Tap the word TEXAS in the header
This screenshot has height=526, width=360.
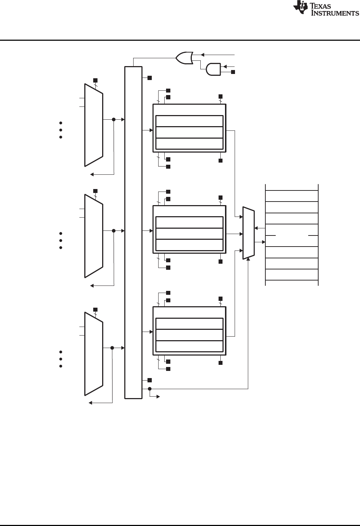[325, 6]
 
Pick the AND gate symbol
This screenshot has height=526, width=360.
[213, 69]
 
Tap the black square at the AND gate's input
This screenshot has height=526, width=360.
[233, 72]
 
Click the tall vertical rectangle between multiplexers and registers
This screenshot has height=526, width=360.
[133, 232]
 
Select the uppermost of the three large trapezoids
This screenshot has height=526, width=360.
[94, 125]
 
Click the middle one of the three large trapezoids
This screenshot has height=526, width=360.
[94, 236]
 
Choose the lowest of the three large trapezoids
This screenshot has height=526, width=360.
[94, 354]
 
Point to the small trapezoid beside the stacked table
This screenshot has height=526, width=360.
[249, 233]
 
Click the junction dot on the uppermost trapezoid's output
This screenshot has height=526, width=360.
[114, 119]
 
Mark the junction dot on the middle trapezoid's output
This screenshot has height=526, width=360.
[114, 231]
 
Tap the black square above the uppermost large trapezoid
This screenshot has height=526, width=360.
[95, 80]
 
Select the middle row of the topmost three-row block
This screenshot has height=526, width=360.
[190, 132]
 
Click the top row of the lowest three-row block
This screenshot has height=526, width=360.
[190, 324]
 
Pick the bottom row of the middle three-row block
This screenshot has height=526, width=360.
[190, 245]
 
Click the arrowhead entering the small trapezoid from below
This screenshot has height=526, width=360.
[248, 260]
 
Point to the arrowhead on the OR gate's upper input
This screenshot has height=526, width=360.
[201, 55]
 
